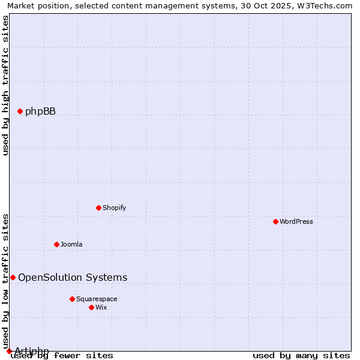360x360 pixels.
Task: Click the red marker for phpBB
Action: [x=20, y=111]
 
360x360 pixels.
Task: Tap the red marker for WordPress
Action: [x=275, y=221]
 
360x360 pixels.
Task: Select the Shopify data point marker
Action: [x=98, y=208]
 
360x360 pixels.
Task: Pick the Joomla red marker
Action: [x=56, y=244]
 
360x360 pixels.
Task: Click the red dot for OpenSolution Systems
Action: [x=13, y=277]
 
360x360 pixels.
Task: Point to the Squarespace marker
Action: [x=72, y=299]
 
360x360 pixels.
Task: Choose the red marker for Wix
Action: [x=91, y=307]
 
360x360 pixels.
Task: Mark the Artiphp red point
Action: [x=9, y=351]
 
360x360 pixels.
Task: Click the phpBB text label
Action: [x=40, y=111]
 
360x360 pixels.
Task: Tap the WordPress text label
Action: [x=296, y=221]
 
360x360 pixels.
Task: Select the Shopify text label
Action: [x=114, y=208]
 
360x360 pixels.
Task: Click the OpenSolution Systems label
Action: [x=73, y=277]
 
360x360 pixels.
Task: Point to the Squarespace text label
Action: [x=97, y=299]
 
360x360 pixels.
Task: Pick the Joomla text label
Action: [x=71, y=244]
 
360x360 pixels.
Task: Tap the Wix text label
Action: [x=101, y=307]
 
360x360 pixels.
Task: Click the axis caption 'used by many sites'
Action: [x=301, y=355]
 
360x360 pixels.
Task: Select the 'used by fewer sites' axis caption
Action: [x=62, y=355]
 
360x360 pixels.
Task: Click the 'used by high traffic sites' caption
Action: [x=5, y=85]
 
